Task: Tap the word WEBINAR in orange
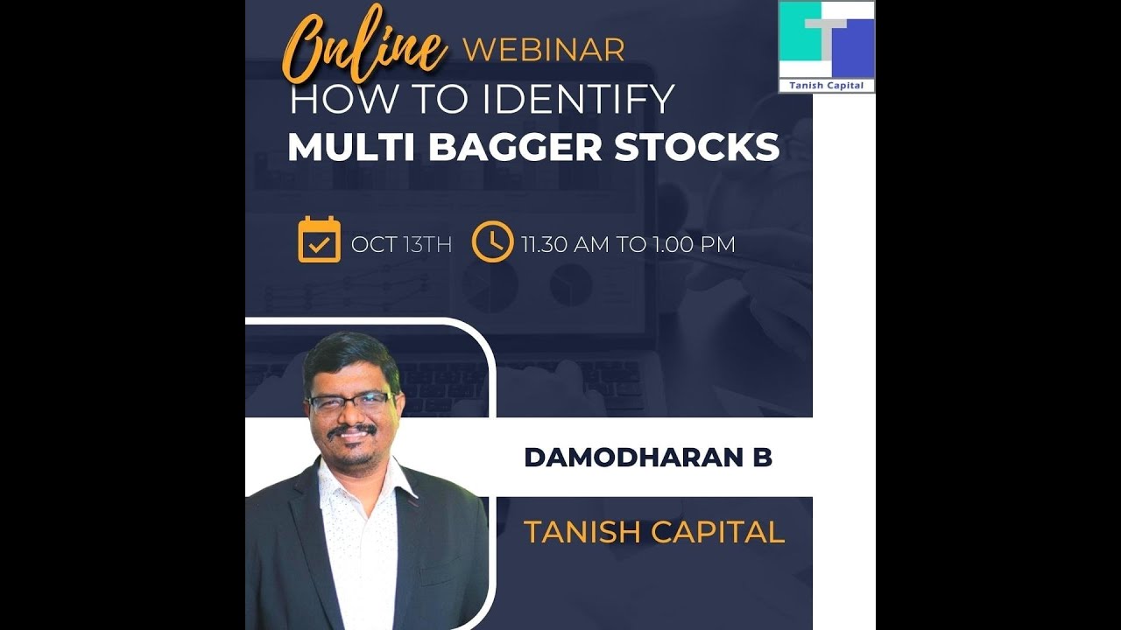coord(543,50)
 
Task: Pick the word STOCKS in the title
coord(696,147)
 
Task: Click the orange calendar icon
coord(319,240)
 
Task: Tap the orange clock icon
coord(492,241)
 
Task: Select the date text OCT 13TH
coord(401,244)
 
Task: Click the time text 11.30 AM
coord(564,244)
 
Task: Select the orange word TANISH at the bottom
coord(578,532)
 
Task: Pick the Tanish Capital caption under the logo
coord(827,85)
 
